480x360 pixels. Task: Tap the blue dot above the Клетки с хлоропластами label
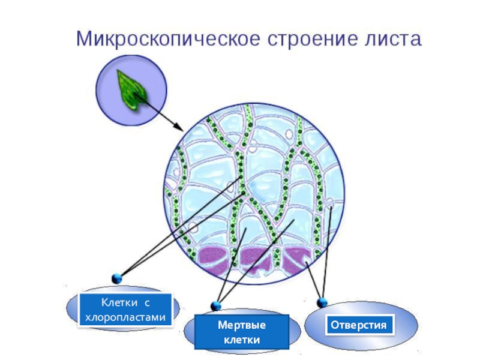pyautogui.click(x=117, y=278)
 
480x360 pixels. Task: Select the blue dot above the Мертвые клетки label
pyautogui.click(x=215, y=306)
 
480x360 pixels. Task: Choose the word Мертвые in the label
pyautogui.click(x=242, y=325)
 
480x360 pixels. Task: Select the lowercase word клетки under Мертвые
pyautogui.click(x=242, y=340)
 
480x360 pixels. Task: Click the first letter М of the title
pyautogui.click(x=83, y=40)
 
